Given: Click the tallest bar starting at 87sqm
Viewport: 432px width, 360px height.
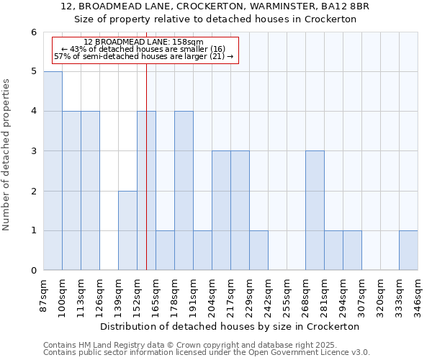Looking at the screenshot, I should [x=53, y=171].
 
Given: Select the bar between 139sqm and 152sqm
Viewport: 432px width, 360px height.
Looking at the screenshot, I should [x=127, y=230].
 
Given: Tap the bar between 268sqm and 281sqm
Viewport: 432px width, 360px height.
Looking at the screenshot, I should [x=315, y=210].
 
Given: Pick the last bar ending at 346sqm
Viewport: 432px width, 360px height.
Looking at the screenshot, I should [x=408, y=251].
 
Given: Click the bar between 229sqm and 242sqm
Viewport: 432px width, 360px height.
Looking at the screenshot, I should [x=258, y=251].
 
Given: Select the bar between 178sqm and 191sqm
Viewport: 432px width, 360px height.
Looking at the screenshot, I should [x=184, y=191].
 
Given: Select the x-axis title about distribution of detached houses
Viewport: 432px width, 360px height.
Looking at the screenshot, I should [x=230, y=326].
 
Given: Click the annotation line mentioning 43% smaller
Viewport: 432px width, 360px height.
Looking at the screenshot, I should [x=143, y=49].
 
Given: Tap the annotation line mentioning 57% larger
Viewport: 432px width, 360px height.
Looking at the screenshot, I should [x=143, y=56].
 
